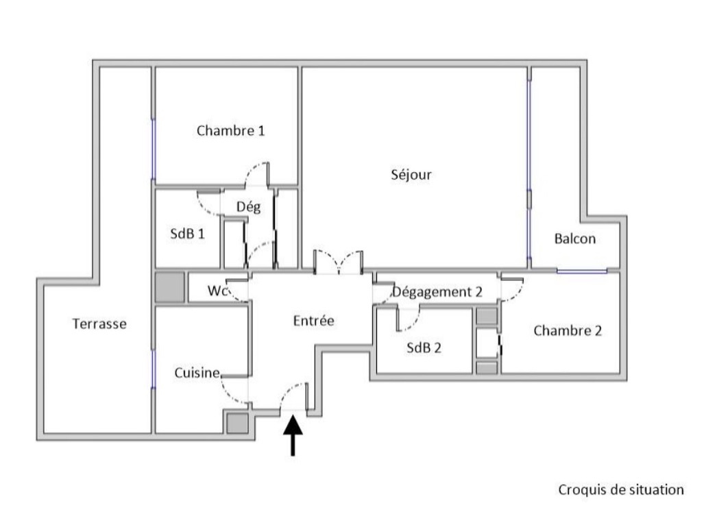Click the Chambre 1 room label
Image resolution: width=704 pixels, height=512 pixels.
coord(230,131)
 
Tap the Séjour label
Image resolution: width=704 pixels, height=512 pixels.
coord(411,175)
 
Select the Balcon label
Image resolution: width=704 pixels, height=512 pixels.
coord(574,239)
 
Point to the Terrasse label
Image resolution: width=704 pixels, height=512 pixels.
coord(99,324)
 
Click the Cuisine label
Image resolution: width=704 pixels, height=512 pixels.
coord(197,372)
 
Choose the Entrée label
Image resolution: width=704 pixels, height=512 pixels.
coord(313,320)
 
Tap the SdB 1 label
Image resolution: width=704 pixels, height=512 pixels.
coord(187,233)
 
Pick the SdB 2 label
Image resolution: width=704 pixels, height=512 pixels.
coord(424,348)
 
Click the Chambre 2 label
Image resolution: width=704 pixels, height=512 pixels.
coord(567,331)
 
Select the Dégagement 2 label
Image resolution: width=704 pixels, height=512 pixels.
coord(437,292)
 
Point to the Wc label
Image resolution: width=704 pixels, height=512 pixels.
coord(217,291)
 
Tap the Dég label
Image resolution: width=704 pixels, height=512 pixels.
coord(248,207)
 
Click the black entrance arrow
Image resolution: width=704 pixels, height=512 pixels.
coord(293,435)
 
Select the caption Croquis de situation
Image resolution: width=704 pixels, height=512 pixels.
coord(621,489)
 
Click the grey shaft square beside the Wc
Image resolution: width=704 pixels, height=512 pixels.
coord(170,287)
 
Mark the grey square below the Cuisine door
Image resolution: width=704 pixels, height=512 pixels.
coord(236,423)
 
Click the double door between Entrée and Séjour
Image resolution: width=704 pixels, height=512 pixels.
coord(338,262)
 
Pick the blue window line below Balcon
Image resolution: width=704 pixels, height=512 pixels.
coord(582,271)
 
